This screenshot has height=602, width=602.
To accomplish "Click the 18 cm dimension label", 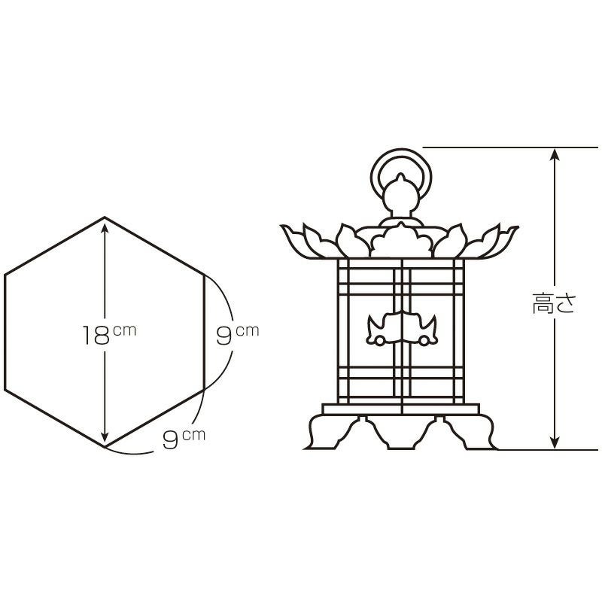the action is click(x=109, y=334).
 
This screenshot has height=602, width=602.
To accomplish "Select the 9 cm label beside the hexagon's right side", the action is click(x=237, y=334).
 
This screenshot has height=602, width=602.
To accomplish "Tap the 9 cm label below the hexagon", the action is click(x=184, y=439).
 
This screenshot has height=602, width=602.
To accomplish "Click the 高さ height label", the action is click(x=554, y=303).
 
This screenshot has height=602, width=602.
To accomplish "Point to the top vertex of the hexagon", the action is click(x=105, y=217).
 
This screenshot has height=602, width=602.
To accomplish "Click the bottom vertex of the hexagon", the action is click(x=105, y=447).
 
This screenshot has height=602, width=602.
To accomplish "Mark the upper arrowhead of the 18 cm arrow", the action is click(x=105, y=227).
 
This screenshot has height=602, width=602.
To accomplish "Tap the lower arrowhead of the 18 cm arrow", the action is click(x=105, y=439).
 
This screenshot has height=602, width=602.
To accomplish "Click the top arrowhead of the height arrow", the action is click(x=555, y=154).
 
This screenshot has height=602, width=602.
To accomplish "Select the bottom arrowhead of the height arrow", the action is click(x=555, y=443).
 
